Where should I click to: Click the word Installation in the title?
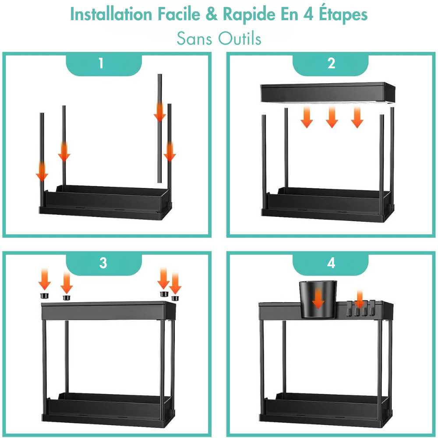[x=111, y=14]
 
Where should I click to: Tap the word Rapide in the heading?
[x=249, y=14]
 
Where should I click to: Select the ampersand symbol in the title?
[x=212, y=14]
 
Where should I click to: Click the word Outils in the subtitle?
[x=240, y=38]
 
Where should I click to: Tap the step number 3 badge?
[x=104, y=264]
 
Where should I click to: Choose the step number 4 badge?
[x=330, y=264]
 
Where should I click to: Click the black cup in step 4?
[x=318, y=299]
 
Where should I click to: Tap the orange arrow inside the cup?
[x=318, y=299]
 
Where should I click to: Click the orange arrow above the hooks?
[x=360, y=299]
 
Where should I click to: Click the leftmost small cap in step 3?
[x=45, y=296]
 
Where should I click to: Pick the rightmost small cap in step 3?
[x=175, y=298]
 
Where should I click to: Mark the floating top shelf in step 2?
[x=328, y=92]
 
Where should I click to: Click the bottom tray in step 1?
[x=105, y=202]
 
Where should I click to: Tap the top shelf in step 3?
[x=108, y=311]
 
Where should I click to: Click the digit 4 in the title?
[x=308, y=14]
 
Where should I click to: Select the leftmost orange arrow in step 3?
[x=45, y=279]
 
